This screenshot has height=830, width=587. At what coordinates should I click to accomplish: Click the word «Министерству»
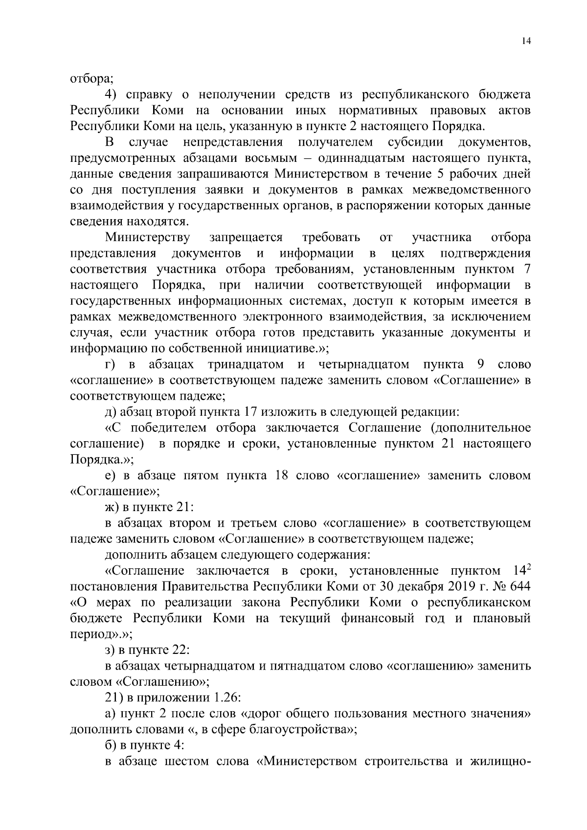147,238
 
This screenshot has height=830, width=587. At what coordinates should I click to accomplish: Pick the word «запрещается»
246,238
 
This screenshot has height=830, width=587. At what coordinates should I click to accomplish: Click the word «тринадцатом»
246,364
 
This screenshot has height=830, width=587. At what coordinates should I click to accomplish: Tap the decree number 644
519,586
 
